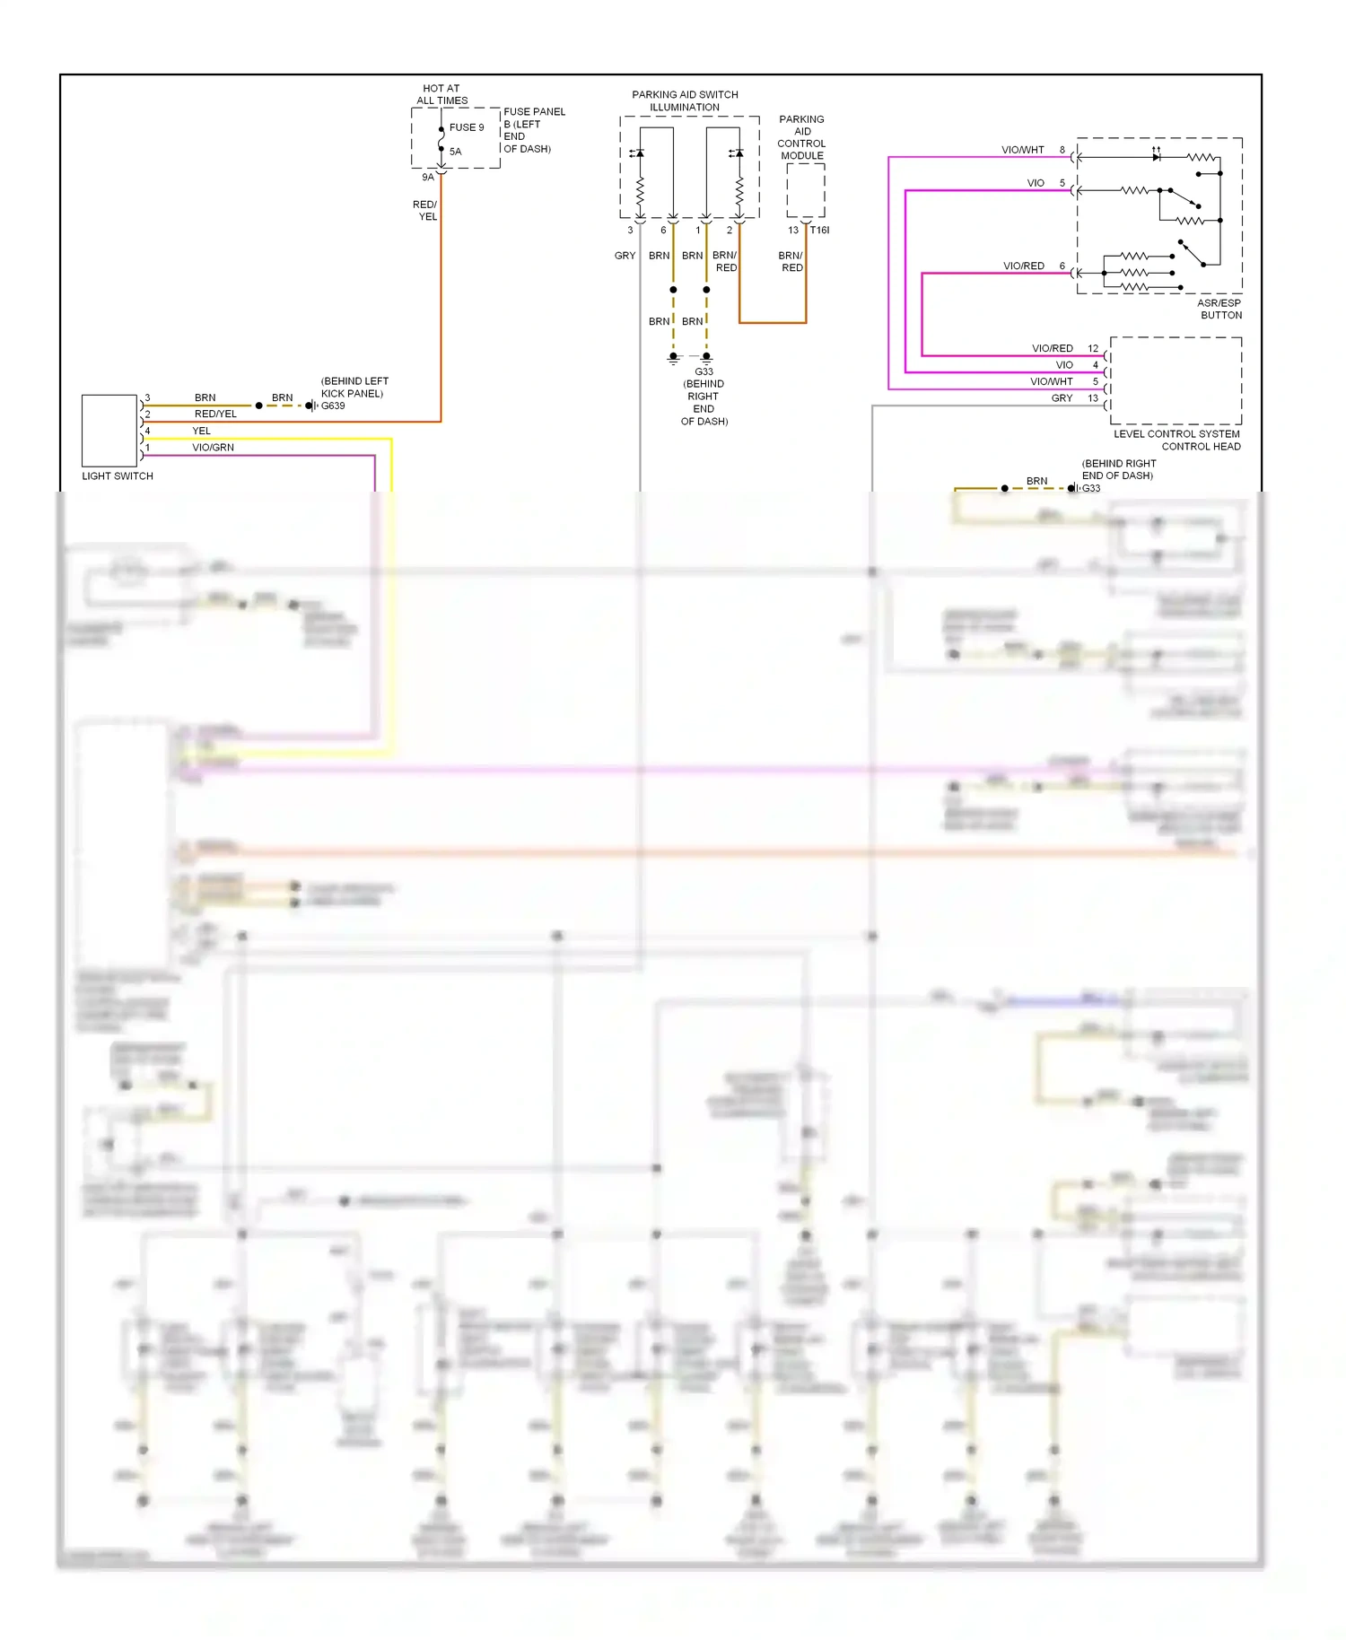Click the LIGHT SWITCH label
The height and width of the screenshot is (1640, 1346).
(x=118, y=476)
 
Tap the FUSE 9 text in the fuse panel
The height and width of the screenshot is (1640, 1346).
(x=467, y=127)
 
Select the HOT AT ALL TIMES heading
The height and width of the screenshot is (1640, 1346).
(x=441, y=94)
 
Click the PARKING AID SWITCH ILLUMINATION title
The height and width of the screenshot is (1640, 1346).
(x=685, y=100)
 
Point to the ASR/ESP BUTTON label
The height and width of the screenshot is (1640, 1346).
(x=1219, y=309)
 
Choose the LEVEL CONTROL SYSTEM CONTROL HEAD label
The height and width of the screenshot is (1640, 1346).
(x=1177, y=440)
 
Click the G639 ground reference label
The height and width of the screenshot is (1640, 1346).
(x=333, y=406)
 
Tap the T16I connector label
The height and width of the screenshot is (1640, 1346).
(x=819, y=231)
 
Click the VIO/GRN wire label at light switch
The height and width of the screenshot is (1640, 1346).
(x=213, y=447)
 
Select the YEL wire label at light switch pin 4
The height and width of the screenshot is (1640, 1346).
(x=201, y=431)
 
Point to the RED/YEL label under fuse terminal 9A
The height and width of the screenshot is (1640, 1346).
(x=425, y=211)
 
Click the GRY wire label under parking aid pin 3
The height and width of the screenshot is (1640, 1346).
(x=625, y=256)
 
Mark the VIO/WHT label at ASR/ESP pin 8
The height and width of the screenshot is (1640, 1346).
(x=1023, y=150)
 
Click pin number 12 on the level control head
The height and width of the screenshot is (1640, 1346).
(x=1093, y=348)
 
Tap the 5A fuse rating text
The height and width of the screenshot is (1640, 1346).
(x=456, y=152)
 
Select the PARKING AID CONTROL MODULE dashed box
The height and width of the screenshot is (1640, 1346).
(x=806, y=190)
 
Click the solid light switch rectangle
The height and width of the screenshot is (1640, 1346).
(x=109, y=431)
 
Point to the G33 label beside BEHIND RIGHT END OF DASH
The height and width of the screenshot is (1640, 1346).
(x=1091, y=488)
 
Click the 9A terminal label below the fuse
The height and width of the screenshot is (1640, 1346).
(x=428, y=178)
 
